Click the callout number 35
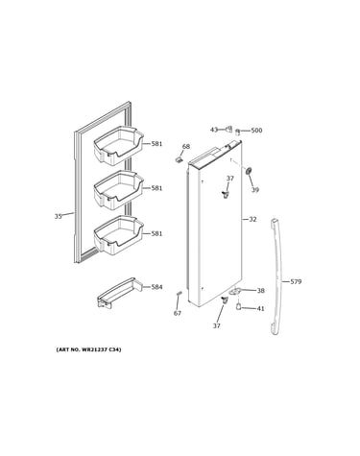click(58, 217)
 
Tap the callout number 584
click(156, 287)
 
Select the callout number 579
click(296, 282)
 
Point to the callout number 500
click(256, 131)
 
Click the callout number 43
click(214, 130)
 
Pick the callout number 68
click(186, 147)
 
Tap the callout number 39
click(254, 190)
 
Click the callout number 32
click(252, 220)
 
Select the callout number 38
click(261, 291)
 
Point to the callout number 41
click(261, 309)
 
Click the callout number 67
click(178, 313)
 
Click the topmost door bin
click(118, 146)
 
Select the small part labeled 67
click(180, 294)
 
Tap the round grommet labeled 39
click(248, 171)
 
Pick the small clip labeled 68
click(179, 159)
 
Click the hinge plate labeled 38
click(235, 291)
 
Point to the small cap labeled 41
click(239, 306)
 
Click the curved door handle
click(277, 276)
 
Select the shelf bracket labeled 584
click(120, 293)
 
